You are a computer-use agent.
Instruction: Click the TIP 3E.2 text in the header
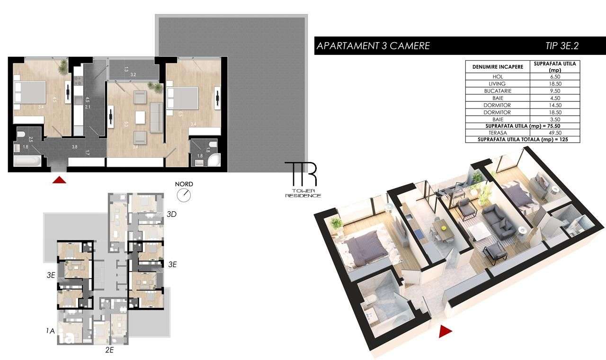562,46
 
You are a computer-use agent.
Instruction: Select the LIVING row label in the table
498,83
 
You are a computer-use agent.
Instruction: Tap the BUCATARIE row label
498,90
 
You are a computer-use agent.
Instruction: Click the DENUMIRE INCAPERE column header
498,67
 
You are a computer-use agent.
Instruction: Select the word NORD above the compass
184,184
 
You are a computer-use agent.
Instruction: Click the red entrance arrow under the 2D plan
59,180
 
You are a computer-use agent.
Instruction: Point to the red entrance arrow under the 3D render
444,332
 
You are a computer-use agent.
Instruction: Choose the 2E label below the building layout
109,351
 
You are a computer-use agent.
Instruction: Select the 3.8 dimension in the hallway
74,147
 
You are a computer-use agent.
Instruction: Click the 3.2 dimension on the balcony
133,75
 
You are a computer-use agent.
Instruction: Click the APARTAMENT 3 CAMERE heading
373,46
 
